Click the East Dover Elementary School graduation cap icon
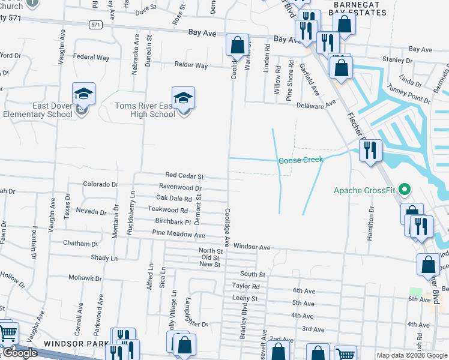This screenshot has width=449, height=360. pyautogui.click(x=84, y=94)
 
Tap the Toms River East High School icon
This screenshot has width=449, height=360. pyautogui.click(x=184, y=98)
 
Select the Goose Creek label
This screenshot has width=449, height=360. pyautogui.click(x=301, y=160)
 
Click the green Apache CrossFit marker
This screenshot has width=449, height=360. pyautogui.click(x=404, y=190)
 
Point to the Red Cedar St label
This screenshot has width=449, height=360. pyautogui.click(x=184, y=176)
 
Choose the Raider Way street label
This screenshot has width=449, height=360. pyautogui.click(x=191, y=65)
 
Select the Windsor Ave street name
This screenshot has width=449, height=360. pyautogui.click(x=252, y=247)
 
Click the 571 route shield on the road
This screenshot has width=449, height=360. pyautogui.click(x=95, y=25)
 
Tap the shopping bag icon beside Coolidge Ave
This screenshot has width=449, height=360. pyautogui.click(x=237, y=44)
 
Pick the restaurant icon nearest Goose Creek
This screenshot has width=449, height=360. pyautogui.click(x=370, y=150)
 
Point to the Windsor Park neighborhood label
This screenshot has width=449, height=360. pyautogui.click(x=68, y=344)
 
